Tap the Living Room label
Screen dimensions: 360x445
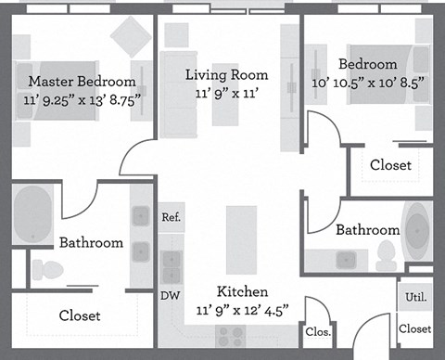(x=226, y=75)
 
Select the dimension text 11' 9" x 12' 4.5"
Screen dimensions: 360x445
(x=242, y=309)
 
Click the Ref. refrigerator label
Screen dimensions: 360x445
(x=171, y=218)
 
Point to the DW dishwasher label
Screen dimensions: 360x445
(x=170, y=297)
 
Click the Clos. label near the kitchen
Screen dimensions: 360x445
(x=316, y=331)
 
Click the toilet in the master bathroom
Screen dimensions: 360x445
(x=46, y=270)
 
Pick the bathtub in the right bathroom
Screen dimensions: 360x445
(x=418, y=228)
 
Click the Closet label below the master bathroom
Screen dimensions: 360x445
(x=80, y=315)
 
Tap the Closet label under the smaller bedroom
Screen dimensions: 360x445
(x=390, y=165)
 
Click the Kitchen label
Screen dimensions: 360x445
(x=242, y=291)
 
